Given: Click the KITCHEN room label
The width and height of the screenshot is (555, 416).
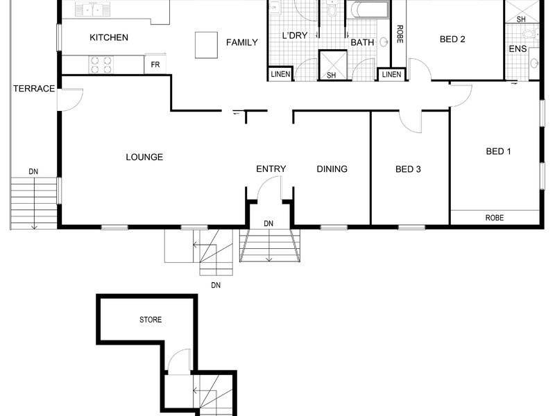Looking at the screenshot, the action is point(109,37).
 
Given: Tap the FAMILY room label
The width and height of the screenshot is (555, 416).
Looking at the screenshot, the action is point(242,42).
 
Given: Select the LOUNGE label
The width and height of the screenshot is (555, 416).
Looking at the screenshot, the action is point(144,157).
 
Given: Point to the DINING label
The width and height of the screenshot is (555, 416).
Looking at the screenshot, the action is point(332,169).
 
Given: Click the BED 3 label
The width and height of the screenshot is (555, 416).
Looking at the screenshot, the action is point(408,169).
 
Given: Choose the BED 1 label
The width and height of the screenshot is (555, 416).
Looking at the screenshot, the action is point(498,151).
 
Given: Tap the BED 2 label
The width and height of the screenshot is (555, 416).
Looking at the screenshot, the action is point(452,40).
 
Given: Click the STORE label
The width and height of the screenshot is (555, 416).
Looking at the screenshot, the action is point(151,320).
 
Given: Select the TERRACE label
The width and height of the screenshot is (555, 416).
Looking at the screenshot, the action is point(34,89).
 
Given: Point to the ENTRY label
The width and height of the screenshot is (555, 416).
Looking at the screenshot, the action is point(271,169).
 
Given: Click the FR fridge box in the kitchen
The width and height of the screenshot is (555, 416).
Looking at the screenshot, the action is point(155,64).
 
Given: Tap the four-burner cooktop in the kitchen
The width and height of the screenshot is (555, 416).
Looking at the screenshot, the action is point(101,64).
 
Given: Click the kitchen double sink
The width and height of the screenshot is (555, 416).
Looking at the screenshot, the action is point(93,9).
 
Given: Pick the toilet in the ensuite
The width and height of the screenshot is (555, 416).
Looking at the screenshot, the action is point(529,34).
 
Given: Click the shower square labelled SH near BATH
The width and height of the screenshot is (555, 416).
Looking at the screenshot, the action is point(332,64).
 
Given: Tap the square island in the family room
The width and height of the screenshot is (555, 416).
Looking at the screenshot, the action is point(206,45).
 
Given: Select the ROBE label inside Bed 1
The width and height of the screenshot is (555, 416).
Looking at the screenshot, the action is point(495,218).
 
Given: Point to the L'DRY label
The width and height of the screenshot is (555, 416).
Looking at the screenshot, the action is point(295,35).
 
